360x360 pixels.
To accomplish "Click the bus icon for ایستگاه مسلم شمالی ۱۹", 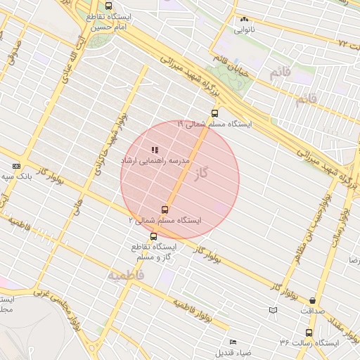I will (x=214, y=112).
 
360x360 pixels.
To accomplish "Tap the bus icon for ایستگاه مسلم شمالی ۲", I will (x=165, y=210).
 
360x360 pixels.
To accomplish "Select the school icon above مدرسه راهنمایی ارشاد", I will (x=155, y=150).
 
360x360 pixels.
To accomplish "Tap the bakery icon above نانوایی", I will (x=244, y=20).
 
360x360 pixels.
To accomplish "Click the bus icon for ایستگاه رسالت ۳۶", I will (x=309, y=333).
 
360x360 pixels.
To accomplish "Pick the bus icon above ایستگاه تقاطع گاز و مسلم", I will (x=154, y=236).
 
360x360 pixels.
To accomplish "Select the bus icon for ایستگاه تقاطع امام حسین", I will (x=108, y=6).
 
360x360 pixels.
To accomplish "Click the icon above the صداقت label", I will (x=311, y=300).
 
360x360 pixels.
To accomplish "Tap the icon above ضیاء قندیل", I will (x=233, y=342).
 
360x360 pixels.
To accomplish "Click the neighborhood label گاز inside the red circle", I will (x=202, y=172).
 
